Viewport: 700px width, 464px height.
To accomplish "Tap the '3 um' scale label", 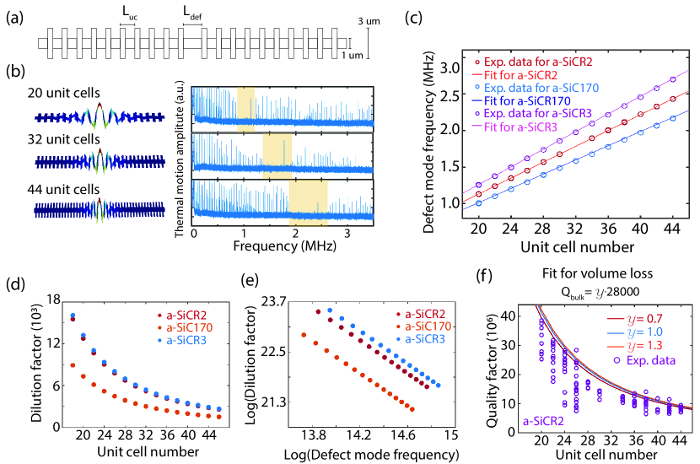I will (x=382, y=19).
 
